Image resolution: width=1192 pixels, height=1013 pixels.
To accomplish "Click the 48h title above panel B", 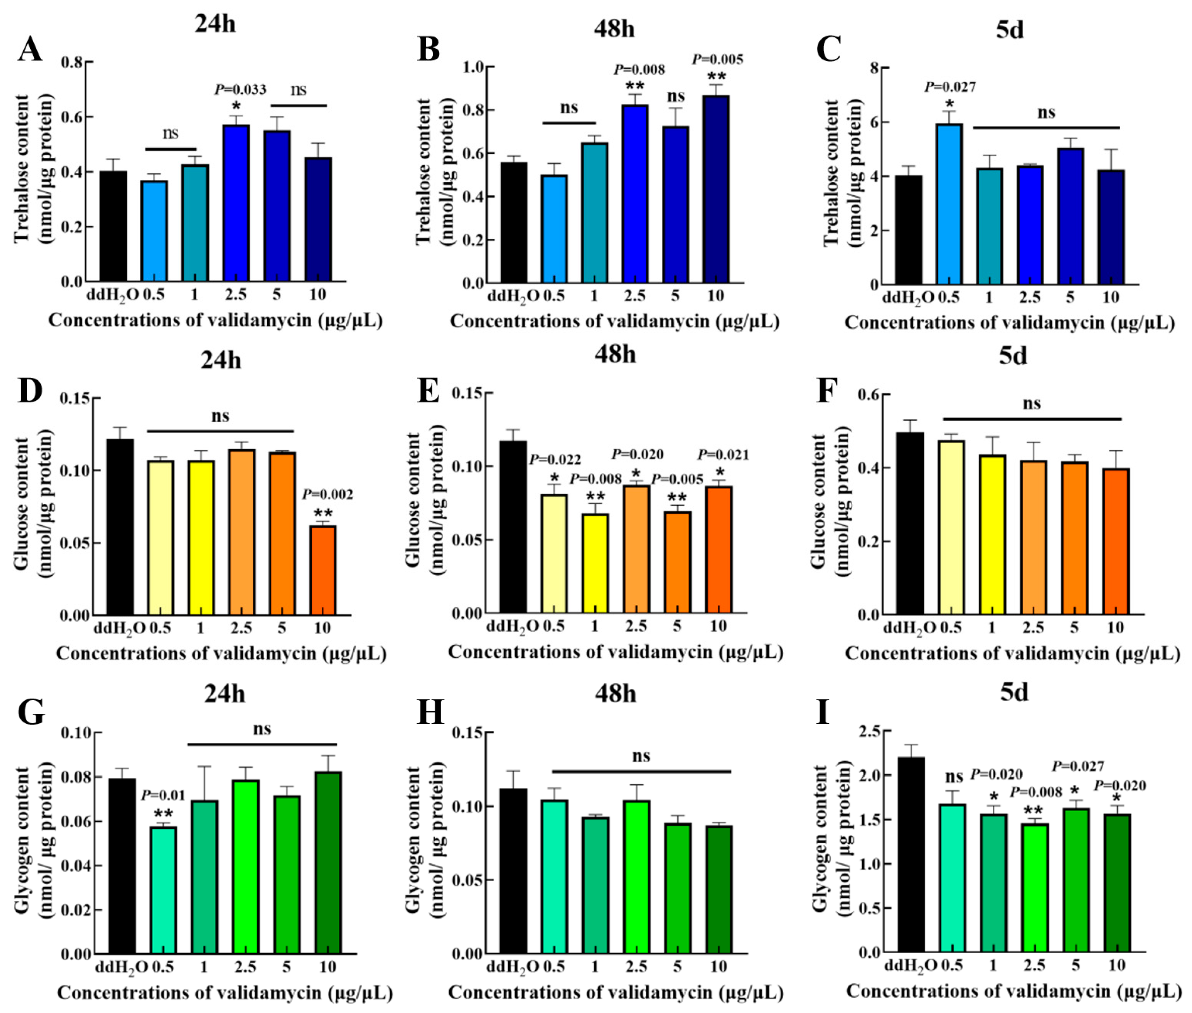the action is coord(614,29).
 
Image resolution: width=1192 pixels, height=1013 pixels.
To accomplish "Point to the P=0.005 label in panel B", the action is coord(717,59).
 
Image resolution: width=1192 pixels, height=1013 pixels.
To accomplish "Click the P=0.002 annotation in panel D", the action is coord(327,494).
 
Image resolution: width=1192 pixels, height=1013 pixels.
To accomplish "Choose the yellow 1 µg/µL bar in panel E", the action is coord(595,563).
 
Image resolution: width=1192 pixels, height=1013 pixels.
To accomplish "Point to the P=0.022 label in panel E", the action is coord(554,460).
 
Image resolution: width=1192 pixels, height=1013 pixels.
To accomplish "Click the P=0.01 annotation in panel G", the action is coord(163,795).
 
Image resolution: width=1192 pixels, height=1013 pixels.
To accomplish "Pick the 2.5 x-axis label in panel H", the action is coord(636,967).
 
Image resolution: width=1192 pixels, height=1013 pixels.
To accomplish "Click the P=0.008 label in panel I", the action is coord(1036,793).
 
